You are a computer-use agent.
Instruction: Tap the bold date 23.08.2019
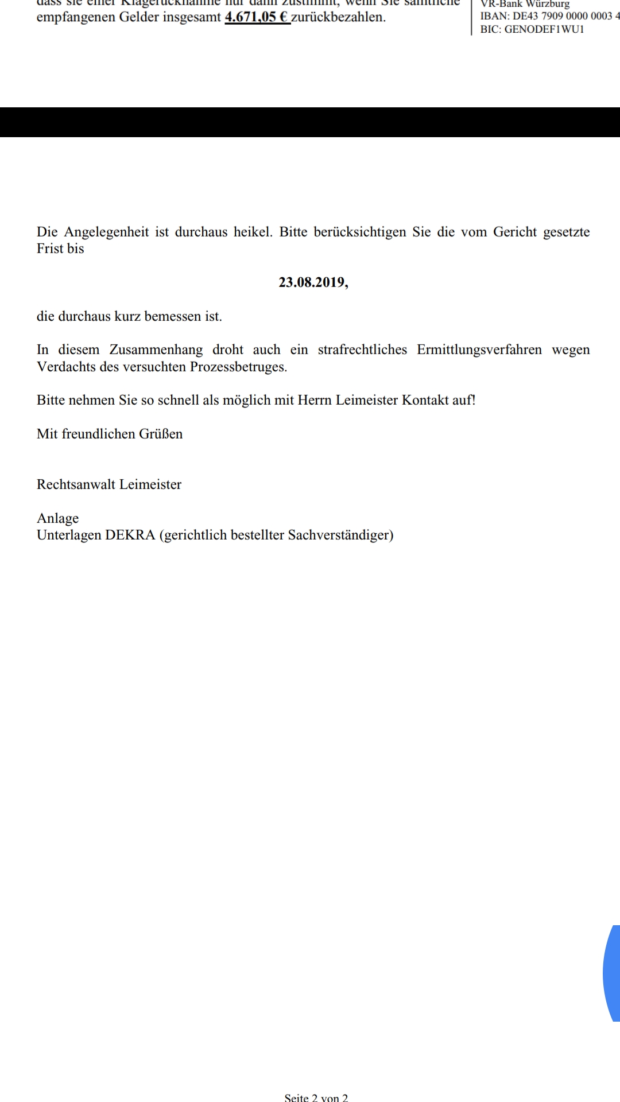[x=313, y=282]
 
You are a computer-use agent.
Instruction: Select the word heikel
[x=253, y=232]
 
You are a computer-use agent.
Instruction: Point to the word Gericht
[x=515, y=232]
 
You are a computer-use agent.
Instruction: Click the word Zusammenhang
[x=156, y=350]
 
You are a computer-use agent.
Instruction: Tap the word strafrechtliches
[x=362, y=350]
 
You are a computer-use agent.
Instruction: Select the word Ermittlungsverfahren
[x=479, y=350]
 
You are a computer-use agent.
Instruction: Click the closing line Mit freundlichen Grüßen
[x=110, y=434]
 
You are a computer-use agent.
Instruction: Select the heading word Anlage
[x=58, y=518]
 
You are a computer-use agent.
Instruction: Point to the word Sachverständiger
[x=340, y=535]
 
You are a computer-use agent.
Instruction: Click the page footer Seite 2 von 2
[x=316, y=1097]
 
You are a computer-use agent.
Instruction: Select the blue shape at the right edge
[x=612, y=973]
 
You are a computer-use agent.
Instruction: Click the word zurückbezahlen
[x=338, y=17]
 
